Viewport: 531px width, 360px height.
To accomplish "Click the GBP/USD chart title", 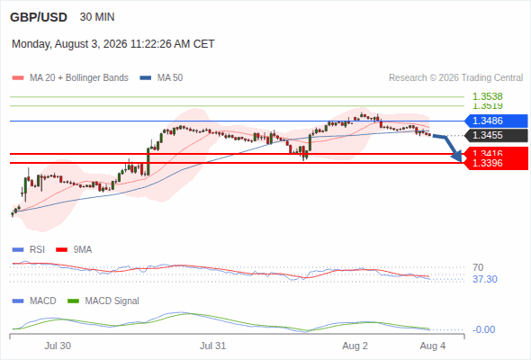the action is click(x=39, y=17).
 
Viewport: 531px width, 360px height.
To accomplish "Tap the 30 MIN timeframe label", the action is click(x=97, y=17).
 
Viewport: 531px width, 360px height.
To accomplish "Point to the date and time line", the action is click(x=113, y=44).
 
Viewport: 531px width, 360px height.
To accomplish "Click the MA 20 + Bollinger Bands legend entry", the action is click(x=70, y=78).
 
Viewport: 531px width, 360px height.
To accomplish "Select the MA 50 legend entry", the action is click(x=161, y=78).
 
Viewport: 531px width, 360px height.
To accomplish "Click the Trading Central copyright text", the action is click(x=455, y=78).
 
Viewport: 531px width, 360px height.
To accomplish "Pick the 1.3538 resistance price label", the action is click(x=488, y=96).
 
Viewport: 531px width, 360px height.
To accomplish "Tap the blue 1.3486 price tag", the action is click(x=496, y=121).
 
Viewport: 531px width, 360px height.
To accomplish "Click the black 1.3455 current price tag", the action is click(x=496, y=136).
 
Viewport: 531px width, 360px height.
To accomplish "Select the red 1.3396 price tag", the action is click(x=496, y=163).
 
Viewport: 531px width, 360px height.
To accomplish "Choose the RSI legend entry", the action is click(x=29, y=249).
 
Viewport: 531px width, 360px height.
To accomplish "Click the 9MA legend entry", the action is click(x=74, y=249).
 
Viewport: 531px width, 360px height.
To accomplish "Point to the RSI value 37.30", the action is click(x=485, y=279).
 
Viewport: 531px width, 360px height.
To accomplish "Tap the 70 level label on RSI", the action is click(x=478, y=267).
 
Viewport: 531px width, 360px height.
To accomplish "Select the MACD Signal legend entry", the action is click(x=103, y=301).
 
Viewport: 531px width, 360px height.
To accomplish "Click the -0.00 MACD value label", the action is click(x=483, y=329).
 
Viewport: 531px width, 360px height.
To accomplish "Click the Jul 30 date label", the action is click(x=58, y=346).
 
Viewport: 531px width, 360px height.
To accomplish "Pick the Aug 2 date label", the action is click(x=355, y=346).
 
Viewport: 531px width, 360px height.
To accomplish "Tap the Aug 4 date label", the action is click(x=433, y=346).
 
